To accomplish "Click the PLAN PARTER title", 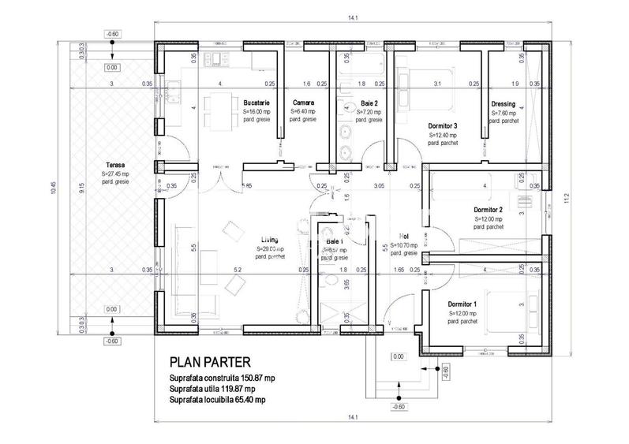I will point(210,363).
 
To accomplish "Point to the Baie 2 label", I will point(369,103).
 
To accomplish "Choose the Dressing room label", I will point(503,103).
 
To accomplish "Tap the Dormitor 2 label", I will point(487,210).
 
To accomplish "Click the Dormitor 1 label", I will point(462,304).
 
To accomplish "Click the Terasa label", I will point(115,164).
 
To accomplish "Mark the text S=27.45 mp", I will point(115,173).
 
